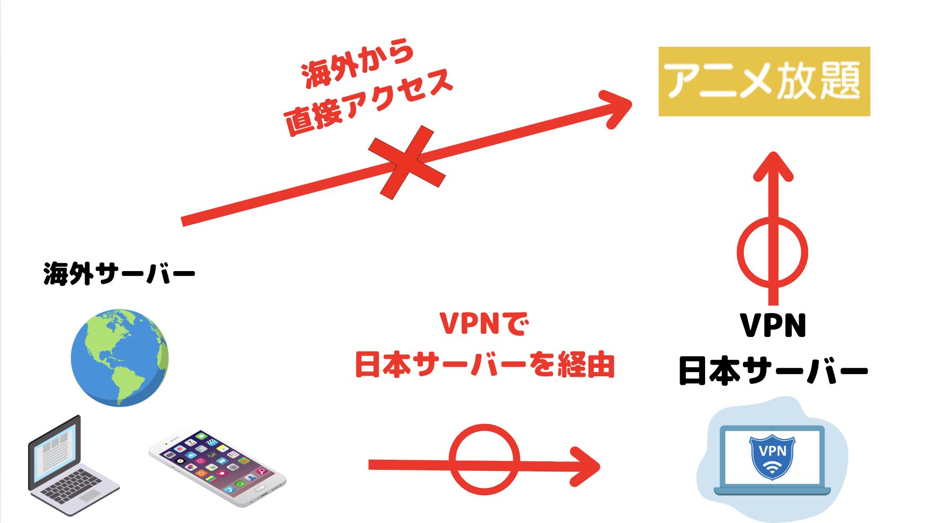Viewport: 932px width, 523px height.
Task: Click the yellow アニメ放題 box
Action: tap(764, 81)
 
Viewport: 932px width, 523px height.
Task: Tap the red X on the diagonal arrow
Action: tap(407, 162)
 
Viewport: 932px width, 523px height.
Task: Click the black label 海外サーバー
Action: tap(119, 274)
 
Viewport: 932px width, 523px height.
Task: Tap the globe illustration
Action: tap(120, 357)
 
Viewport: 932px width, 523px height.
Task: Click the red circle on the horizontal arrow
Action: tap(484, 459)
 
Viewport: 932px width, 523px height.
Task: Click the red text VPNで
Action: tap(484, 324)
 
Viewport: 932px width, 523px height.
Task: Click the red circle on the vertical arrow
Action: tap(773, 252)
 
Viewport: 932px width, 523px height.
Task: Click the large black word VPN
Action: tap(773, 325)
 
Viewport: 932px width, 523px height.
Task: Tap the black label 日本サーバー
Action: tap(773, 371)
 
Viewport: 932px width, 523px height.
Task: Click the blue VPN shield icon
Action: tap(772, 457)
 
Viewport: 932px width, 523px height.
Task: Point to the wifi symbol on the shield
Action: tap(772, 468)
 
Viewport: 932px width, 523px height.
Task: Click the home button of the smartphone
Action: tap(259, 487)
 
